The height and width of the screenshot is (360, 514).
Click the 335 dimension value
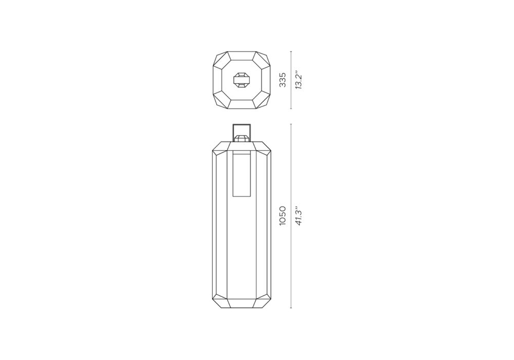pos(283,80)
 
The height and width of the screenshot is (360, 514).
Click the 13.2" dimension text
pos(298,80)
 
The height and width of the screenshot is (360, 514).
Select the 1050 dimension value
pos(283,215)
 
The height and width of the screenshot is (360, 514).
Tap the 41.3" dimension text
pos(298,215)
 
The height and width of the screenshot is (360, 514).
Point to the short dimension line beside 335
pos(291,80)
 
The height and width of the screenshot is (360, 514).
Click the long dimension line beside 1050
pos(291,216)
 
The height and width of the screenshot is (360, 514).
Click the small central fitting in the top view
pos(242,80)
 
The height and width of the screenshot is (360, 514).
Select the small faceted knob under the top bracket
pos(242,137)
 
